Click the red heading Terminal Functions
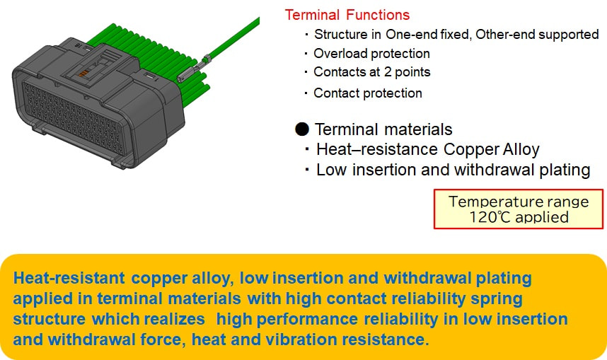coord(347,15)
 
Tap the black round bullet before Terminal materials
coord(302,129)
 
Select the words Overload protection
coord(371,54)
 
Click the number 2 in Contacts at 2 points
coord(388,72)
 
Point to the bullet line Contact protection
coord(368,93)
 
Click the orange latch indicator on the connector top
coord(83,74)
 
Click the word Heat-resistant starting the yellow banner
coord(69,278)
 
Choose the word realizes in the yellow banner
coord(174,319)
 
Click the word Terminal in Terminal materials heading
coord(347,129)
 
